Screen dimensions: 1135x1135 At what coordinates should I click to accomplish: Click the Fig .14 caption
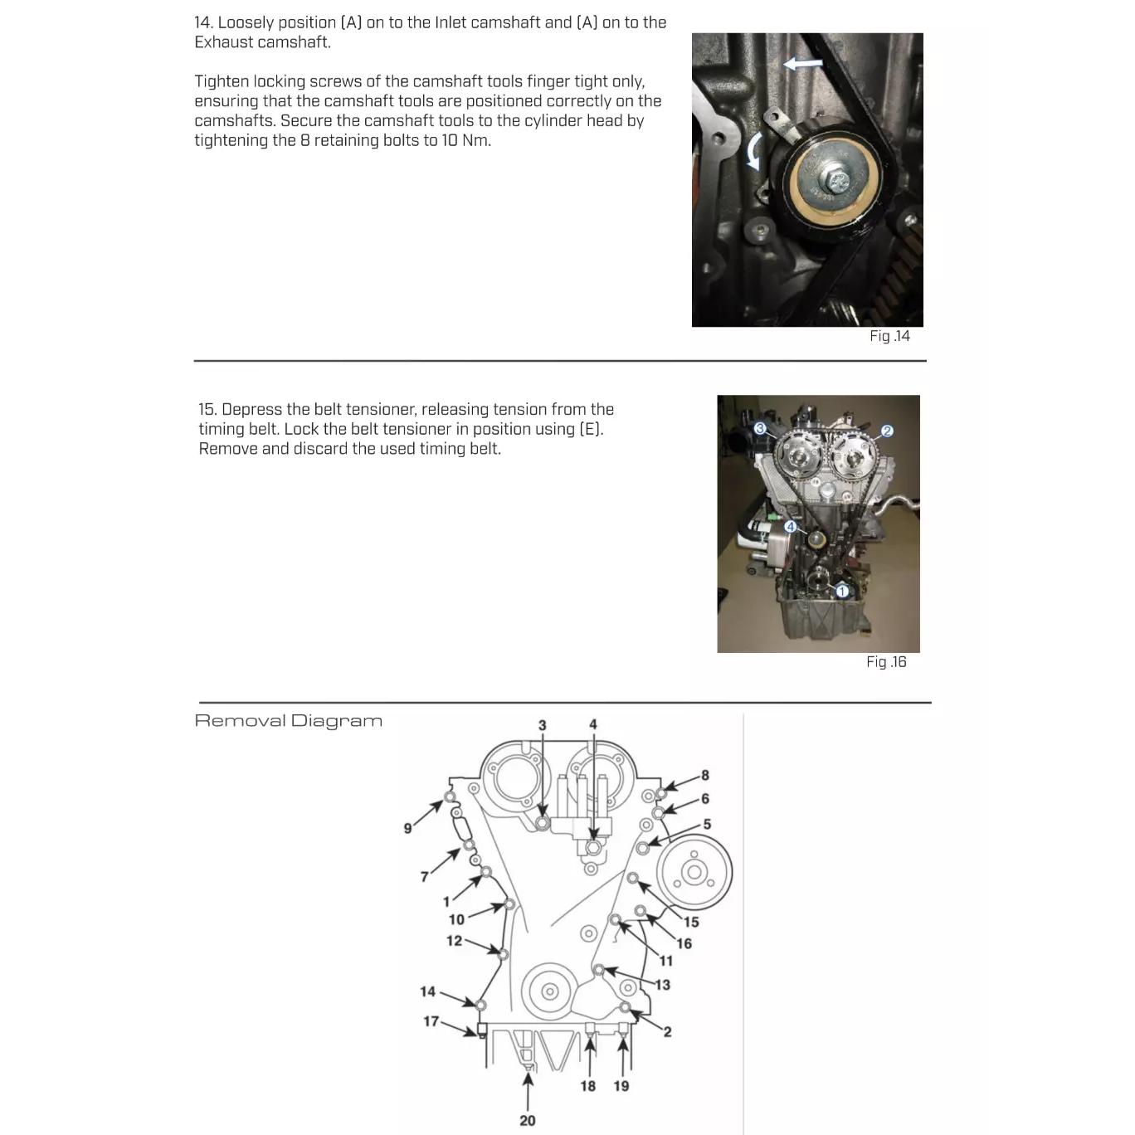[889, 336]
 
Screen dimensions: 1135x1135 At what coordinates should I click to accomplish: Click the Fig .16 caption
[886, 662]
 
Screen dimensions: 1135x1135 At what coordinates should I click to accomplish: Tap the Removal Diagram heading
[289, 720]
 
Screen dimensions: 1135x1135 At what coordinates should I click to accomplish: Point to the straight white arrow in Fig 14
[802, 63]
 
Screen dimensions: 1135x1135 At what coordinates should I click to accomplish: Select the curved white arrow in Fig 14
[754, 152]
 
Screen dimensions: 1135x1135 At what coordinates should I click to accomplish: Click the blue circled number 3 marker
[759, 428]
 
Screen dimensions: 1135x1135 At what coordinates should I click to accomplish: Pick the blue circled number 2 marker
[887, 431]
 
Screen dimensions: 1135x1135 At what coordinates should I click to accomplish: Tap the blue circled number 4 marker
[790, 527]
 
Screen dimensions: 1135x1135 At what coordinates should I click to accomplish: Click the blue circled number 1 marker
[841, 592]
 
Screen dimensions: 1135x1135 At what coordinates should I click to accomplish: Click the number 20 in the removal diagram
[528, 1120]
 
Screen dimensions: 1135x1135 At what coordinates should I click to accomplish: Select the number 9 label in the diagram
[407, 828]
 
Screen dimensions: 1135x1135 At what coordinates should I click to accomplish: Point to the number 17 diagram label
[431, 1021]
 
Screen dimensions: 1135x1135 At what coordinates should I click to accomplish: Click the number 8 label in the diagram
[705, 775]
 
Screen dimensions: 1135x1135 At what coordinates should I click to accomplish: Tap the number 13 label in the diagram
[662, 985]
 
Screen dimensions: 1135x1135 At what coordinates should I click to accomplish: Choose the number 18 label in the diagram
[587, 1086]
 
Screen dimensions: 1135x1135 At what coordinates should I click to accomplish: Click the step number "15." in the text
[207, 409]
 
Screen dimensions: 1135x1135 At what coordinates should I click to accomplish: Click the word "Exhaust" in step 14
[224, 42]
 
